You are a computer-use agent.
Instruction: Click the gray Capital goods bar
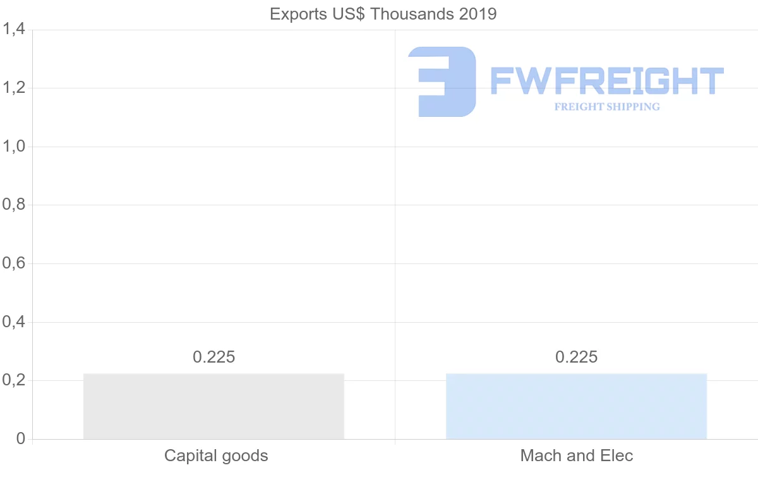pos(214,406)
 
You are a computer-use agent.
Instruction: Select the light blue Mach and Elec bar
pos(576,406)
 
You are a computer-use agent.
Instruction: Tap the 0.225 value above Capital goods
pos(214,357)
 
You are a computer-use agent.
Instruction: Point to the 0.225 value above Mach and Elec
pos(576,357)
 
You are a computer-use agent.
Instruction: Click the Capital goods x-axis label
pos(216,455)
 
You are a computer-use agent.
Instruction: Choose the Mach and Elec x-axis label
pos(576,455)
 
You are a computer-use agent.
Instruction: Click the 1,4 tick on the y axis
pos(13,29)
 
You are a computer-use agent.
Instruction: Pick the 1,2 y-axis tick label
pos(13,88)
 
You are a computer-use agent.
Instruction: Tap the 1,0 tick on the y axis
pos(13,147)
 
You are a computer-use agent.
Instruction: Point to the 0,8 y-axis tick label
pos(13,205)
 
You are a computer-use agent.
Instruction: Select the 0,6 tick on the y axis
pos(13,263)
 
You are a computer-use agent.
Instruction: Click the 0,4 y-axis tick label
pos(13,322)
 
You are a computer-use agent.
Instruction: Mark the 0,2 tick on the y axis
pos(13,380)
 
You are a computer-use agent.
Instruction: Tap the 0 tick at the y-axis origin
pos(20,439)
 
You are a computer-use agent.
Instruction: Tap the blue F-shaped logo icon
pos(442,81)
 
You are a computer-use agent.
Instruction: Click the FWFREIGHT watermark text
pos(606,81)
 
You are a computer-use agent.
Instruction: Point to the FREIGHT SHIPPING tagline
pos(606,107)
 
